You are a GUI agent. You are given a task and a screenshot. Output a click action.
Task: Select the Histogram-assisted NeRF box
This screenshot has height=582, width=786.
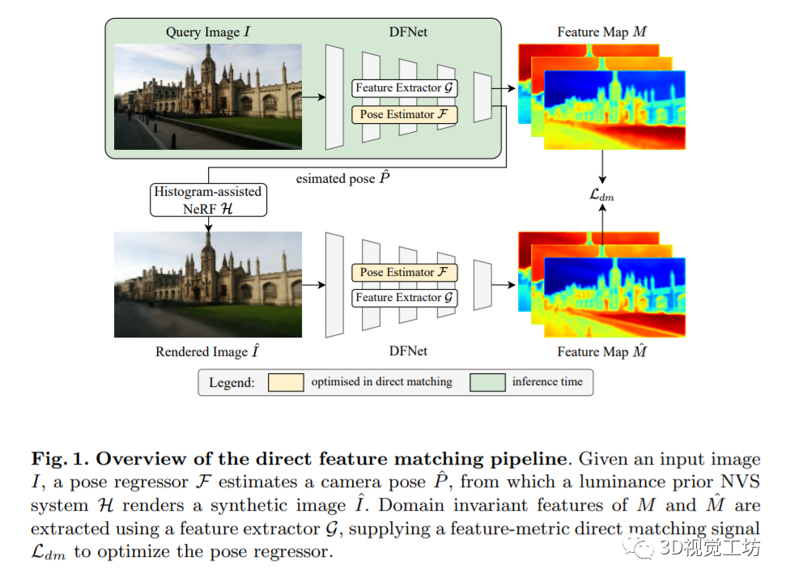[208, 199]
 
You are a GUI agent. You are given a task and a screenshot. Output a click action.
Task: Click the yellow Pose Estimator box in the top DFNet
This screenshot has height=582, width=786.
[405, 114]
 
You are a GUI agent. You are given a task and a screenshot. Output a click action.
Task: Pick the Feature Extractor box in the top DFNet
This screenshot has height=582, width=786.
[405, 87]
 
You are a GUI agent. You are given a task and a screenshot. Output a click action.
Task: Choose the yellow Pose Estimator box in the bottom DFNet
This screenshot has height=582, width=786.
[405, 272]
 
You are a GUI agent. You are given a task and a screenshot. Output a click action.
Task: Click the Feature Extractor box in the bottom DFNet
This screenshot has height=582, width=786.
[405, 298]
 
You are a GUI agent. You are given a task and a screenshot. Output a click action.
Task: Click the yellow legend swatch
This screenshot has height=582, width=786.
[286, 381]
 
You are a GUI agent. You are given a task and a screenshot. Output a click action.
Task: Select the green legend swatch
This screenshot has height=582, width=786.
[487, 381]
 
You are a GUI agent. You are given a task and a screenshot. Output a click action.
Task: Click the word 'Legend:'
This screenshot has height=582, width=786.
[232, 382]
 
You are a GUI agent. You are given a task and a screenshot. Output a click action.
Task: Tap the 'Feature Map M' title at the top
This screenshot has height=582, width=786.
[602, 32]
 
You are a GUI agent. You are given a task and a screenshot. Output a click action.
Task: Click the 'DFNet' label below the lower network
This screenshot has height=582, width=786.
[406, 351]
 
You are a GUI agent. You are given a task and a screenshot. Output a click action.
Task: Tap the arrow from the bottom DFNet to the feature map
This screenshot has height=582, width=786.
[504, 285]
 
